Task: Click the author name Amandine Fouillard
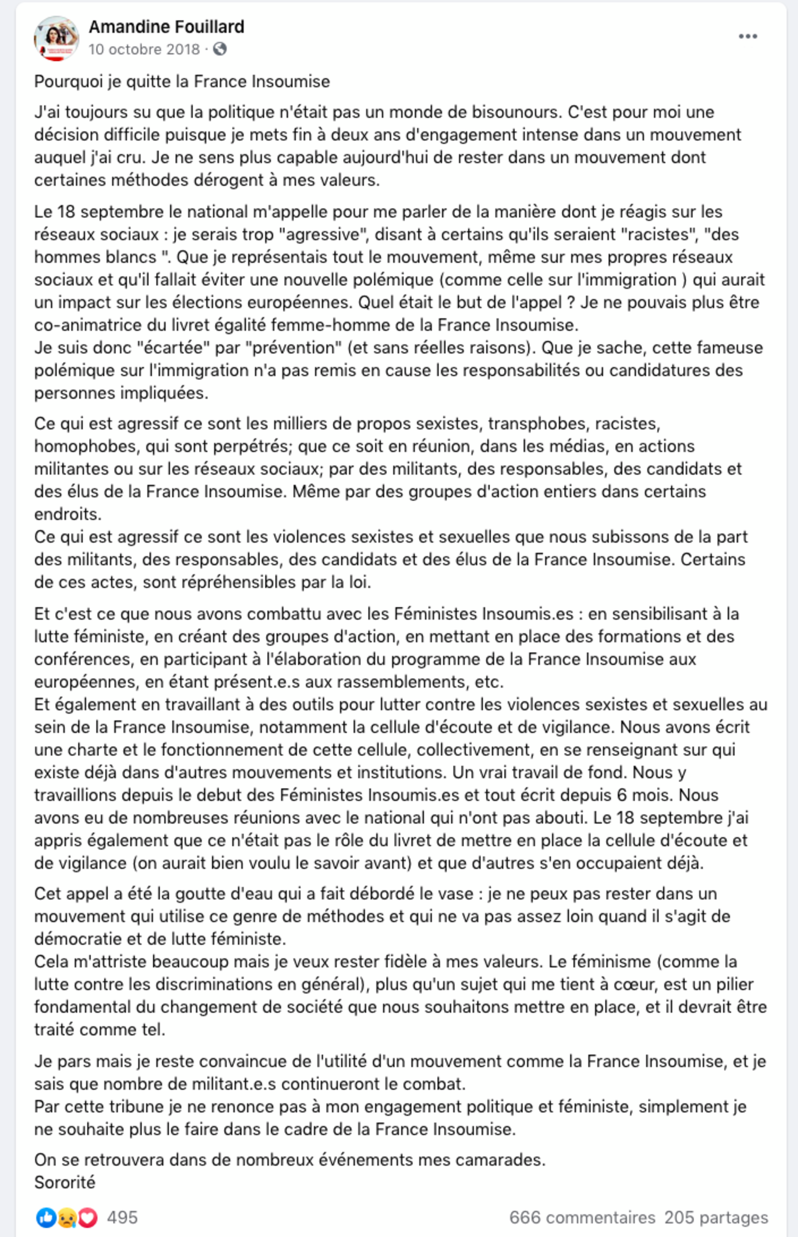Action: (x=166, y=26)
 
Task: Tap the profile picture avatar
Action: (x=56, y=38)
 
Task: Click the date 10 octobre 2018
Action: (x=144, y=49)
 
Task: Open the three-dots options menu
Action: (x=748, y=36)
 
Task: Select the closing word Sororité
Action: (x=65, y=1183)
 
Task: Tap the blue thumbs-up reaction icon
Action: (x=46, y=1217)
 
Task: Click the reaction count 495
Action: (x=122, y=1217)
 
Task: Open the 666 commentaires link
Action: (x=582, y=1217)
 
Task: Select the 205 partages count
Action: (x=716, y=1217)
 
